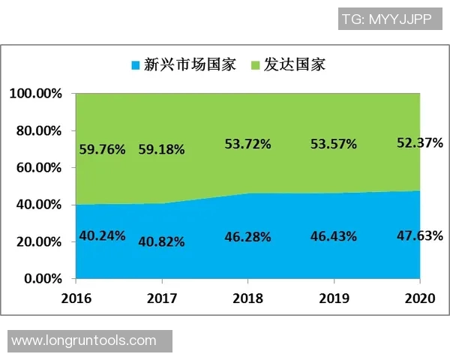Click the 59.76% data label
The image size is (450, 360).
click(x=102, y=148)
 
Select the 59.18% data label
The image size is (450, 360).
click(x=161, y=148)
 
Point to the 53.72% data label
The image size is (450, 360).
click(x=247, y=143)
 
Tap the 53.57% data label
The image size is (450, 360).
click(x=333, y=143)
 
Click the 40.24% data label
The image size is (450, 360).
click(x=102, y=235)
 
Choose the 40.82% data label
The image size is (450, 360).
click(x=161, y=241)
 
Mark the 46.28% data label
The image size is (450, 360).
click(x=247, y=236)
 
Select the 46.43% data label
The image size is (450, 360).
click(x=333, y=236)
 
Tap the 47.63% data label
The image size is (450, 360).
click(x=419, y=235)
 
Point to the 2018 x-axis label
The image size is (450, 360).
click(x=248, y=298)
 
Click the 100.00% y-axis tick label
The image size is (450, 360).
click(x=36, y=94)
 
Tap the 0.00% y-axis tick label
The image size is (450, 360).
click(x=42, y=279)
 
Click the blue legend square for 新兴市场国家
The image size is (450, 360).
click(x=135, y=64)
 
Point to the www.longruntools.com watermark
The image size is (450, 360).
click(x=84, y=340)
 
